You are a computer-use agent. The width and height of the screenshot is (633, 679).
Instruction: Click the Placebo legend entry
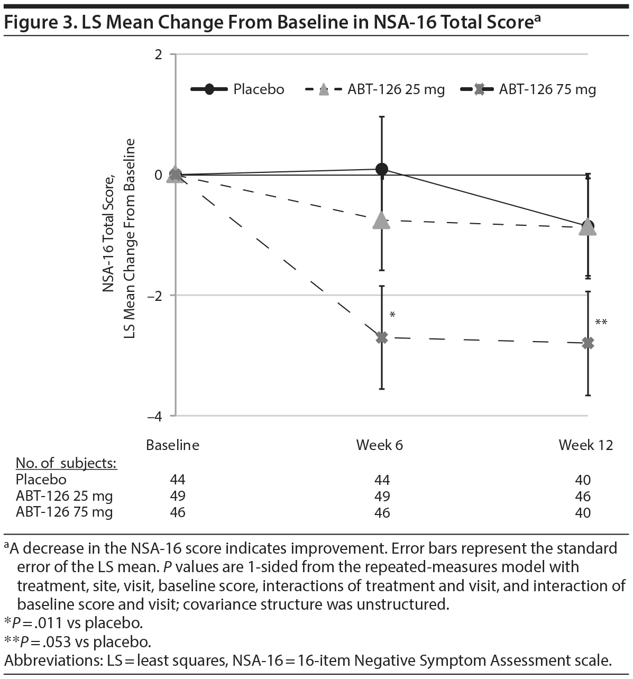pyautogui.click(x=238, y=89)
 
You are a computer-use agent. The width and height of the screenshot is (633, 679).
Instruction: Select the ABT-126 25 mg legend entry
pyautogui.click(x=375, y=89)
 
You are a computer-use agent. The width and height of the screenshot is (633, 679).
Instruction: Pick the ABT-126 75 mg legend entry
pyautogui.click(x=529, y=89)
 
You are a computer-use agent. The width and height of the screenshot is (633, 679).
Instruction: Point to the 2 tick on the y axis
pyautogui.click(x=158, y=54)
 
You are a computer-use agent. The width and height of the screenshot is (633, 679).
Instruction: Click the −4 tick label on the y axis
pyautogui.click(x=154, y=416)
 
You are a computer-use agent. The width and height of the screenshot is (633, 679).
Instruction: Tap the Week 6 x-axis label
pyautogui.click(x=379, y=445)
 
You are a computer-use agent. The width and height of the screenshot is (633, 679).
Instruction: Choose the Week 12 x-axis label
pyautogui.click(x=585, y=445)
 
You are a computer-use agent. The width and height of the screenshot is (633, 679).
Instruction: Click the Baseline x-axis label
pyautogui.click(x=172, y=445)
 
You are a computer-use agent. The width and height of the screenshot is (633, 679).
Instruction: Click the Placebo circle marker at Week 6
pyautogui.click(x=382, y=169)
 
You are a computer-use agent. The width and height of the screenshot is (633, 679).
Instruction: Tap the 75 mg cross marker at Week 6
pyautogui.click(x=382, y=337)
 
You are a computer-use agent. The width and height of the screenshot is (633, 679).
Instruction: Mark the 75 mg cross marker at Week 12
pyautogui.click(x=588, y=344)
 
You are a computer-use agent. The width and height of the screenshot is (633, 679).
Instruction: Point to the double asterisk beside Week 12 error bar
pyautogui.click(x=601, y=323)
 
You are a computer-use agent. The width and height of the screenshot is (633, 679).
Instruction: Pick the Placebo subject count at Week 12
pyautogui.click(x=583, y=480)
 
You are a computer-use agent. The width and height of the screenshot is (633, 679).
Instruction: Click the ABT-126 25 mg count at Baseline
pyautogui.click(x=178, y=496)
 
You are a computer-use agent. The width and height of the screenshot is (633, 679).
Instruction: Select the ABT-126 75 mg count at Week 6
pyautogui.click(x=382, y=512)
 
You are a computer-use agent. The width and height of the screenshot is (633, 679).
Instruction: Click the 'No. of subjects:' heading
pyautogui.click(x=66, y=463)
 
